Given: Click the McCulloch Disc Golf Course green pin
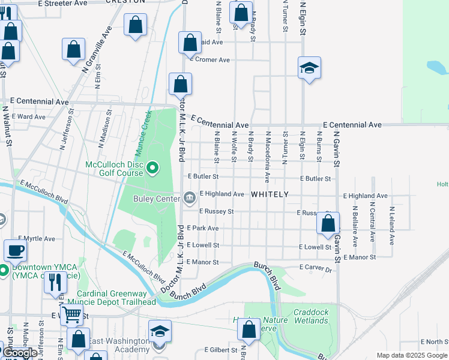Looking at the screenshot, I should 152,167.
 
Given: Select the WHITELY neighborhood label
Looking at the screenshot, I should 270,194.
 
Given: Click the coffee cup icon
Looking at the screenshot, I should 15,250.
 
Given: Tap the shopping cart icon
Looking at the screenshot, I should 71,313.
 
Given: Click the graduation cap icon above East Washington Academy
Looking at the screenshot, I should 160,331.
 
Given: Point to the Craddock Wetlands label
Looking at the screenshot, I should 311,316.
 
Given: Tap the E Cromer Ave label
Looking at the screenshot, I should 209,60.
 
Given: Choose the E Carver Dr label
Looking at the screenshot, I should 315,270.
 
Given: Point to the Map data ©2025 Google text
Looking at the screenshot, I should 412,355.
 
